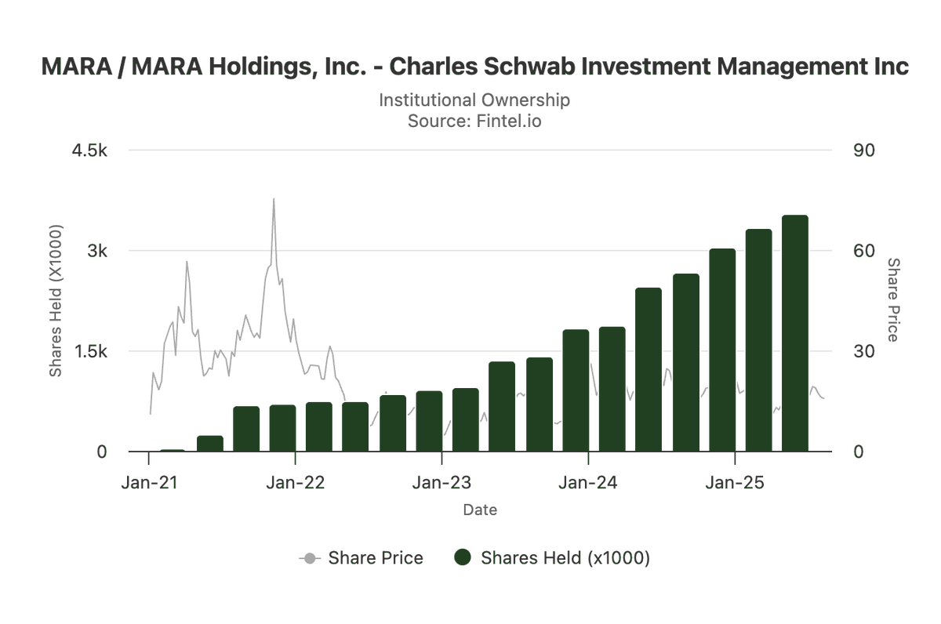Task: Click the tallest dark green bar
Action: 794,333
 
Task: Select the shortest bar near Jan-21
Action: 173,451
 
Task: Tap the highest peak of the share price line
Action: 274,199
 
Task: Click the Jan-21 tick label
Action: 150,482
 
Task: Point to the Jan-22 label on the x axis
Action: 296,482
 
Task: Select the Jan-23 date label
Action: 441,482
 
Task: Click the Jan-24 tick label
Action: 588,482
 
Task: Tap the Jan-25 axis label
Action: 734,482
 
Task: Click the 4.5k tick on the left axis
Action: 89,151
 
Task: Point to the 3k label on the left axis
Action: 96,251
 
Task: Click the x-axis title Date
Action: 480,510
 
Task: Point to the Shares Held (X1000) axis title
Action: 56,302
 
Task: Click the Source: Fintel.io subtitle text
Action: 474,122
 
